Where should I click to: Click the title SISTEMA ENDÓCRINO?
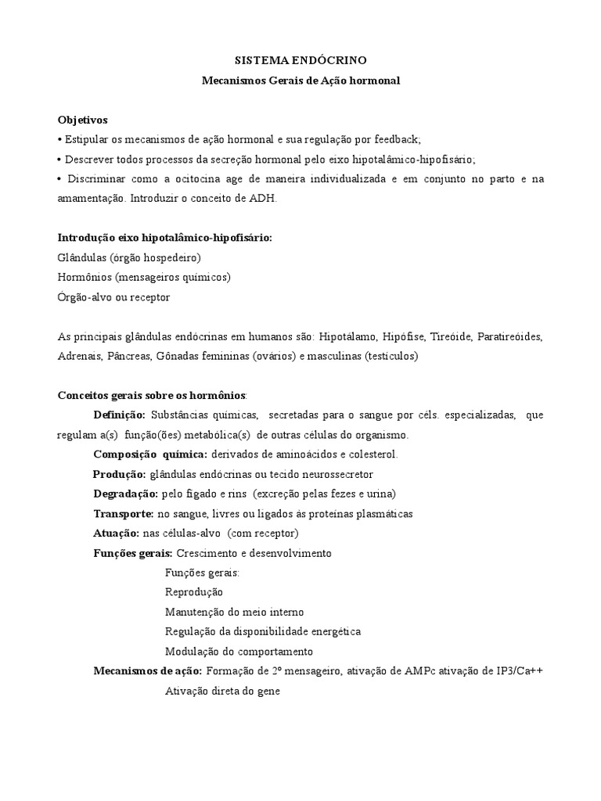(300, 59)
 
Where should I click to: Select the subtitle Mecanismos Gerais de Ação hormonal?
(300, 80)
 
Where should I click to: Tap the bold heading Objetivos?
(82, 120)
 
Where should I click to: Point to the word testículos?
(392, 357)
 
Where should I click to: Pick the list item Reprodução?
(194, 592)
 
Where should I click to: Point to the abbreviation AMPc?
(418, 671)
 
